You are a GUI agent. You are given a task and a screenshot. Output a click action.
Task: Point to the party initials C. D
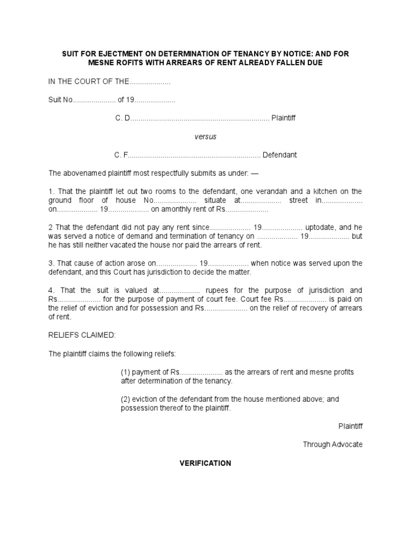click(123, 118)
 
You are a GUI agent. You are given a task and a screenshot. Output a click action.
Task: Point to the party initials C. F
click(121, 155)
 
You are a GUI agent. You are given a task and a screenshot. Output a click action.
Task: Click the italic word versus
click(205, 137)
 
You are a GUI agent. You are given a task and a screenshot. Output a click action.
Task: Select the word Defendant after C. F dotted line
click(279, 155)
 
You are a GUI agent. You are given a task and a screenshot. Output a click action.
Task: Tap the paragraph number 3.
click(51, 263)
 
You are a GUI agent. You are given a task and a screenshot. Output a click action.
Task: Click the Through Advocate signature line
click(332, 444)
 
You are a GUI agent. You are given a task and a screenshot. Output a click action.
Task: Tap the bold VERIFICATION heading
click(205, 463)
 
